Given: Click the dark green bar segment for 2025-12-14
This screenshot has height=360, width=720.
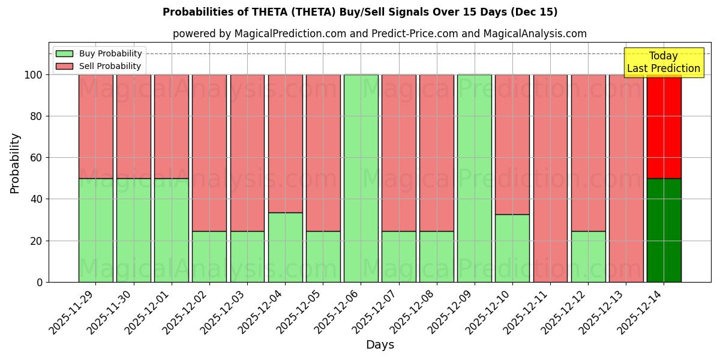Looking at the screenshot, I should click(664, 230).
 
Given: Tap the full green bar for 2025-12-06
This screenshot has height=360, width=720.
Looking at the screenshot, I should click(361, 178).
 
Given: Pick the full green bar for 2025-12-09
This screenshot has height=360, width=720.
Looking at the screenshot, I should click(474, 178).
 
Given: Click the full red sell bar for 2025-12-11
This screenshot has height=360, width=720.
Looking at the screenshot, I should click(550, 178).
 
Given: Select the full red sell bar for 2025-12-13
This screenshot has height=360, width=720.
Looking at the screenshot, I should click(626, 178).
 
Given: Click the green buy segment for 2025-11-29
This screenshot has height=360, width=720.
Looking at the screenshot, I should click(95, 230).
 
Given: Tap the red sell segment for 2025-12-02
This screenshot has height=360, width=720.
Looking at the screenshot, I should click(209, 153).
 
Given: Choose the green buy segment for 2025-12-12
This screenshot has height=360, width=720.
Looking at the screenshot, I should click(588, 256).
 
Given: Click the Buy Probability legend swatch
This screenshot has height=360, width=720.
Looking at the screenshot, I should click(64, 54).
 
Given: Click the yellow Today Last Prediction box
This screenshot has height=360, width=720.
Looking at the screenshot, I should click(663, 62).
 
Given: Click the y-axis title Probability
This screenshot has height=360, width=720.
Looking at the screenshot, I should click(15, 163).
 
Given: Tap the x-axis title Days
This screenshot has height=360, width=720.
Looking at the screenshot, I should click(380, 345).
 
